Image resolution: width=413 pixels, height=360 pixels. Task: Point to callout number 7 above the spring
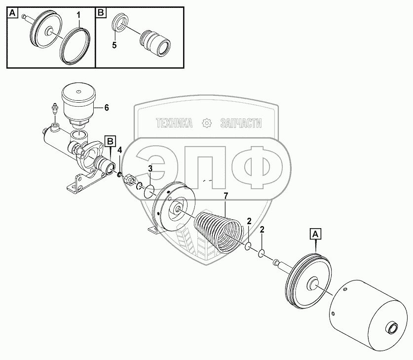[225, 197]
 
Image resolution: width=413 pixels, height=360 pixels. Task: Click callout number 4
[119, 150]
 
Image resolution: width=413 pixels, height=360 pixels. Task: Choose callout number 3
[150, 168]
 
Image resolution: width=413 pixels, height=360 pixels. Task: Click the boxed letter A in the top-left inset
[12, 12]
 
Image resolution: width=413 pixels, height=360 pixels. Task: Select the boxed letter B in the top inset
[100, 12]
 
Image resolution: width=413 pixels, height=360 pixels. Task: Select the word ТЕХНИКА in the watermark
[174, 123]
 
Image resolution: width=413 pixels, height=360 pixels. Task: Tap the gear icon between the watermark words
[207, 123]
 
